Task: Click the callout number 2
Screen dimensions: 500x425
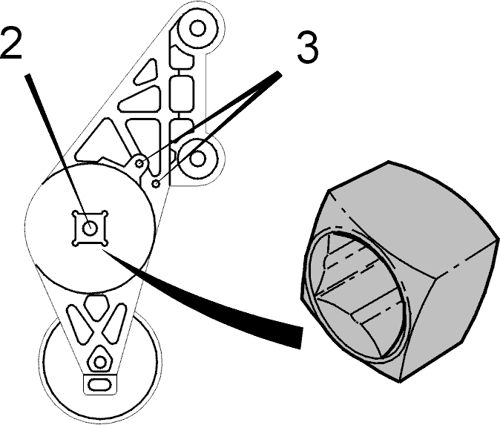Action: (11, 42)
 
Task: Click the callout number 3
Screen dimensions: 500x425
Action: (307, 48)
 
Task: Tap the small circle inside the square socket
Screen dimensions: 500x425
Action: (91, 228)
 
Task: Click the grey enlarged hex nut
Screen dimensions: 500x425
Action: (399, 271)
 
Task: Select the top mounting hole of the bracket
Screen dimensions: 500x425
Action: (197, 28)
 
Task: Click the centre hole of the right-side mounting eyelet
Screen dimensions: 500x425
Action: (197, 159)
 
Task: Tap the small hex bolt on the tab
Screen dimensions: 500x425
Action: (139, 164)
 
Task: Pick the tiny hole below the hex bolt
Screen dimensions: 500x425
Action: (157, 184)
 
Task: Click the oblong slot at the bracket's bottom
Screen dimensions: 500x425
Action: (99, 384)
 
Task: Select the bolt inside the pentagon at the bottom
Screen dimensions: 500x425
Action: (100, 362)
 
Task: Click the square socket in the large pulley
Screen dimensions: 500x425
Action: (91, 228)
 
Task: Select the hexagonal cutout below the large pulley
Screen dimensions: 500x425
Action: (96, 308)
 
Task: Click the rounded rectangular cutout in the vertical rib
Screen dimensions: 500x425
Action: (182, 93)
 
